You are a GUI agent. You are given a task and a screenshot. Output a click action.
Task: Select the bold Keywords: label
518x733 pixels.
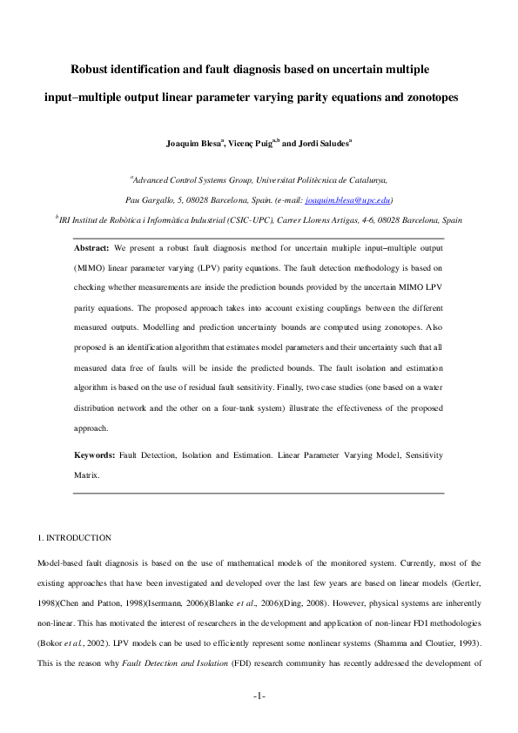(94, 455)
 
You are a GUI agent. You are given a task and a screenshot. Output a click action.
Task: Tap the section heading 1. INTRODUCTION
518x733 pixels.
(70, 538)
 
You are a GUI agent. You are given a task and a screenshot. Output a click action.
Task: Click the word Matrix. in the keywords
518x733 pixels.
(87, 476)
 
